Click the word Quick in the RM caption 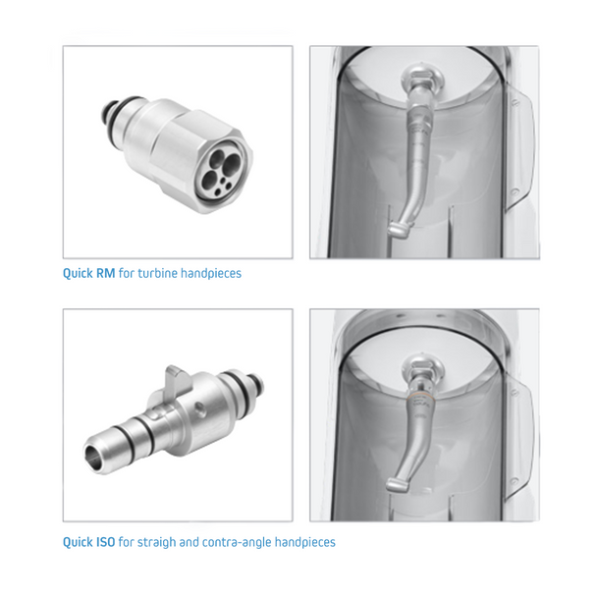78,274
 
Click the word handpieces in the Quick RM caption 211,274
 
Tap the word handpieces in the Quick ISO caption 305,542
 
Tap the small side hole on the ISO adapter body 198,408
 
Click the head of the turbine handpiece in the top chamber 400,231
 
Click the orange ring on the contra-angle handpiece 421,397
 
